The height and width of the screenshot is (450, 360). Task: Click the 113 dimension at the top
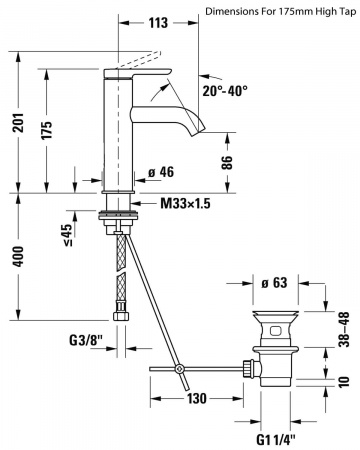(x=158, y=23)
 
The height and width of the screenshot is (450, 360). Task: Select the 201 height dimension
(x=20, y=123)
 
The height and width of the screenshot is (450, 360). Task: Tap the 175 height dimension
(x=47, y=130)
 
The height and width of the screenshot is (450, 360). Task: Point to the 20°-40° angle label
(x=225, y=91)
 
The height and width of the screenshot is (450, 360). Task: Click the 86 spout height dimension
(x=227, y=163)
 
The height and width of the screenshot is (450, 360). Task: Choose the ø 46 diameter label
(x=161, y=172)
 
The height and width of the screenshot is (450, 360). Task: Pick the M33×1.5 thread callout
(x=185, y=203)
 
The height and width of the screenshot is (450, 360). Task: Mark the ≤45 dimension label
(x=67, y=235)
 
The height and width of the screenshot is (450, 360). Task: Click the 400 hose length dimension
(x=18, y=257)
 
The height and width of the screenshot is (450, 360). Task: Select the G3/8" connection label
(x=86, y=340)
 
